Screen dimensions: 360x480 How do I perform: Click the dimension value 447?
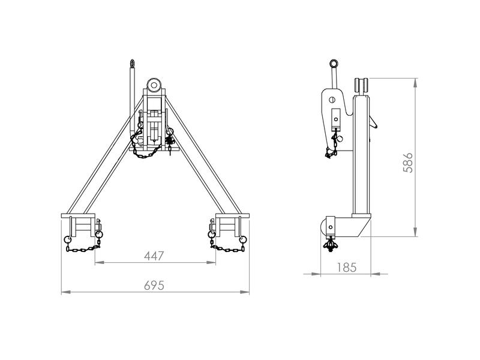pyautogui.click(x=155, y=256)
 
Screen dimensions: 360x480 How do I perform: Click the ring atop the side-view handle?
pyautogui.click(x=334, y=63)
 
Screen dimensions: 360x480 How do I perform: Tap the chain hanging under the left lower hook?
pyautogui.click(x=82, y=246)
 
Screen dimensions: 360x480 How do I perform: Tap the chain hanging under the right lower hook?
pyautogui.click(x=227, y=247)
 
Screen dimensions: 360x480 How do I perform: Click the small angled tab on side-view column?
pyautogui.click(x=374, y=123)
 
